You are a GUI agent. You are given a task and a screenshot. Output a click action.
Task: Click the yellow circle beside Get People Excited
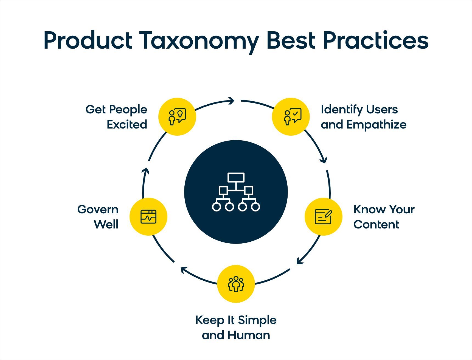click(177, 117)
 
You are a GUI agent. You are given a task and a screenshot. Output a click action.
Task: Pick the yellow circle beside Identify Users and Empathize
click(291, 117)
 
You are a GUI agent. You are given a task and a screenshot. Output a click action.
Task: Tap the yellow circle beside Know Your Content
click(324, 217)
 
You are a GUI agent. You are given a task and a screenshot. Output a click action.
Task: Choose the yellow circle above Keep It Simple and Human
click(236, 284)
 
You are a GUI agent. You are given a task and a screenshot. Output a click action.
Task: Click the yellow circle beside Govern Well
click(148, 217)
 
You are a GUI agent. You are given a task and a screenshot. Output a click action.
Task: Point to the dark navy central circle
click(236, 192)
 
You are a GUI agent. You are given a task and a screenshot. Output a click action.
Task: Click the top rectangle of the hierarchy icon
click(236, 177)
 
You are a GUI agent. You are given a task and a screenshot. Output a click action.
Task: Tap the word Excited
click(127, 125)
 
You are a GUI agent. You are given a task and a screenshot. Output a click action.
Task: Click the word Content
click(376, 225)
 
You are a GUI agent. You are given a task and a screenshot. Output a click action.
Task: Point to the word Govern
click(98, 210)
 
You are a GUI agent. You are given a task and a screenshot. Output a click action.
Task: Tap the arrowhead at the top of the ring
click(231, 101)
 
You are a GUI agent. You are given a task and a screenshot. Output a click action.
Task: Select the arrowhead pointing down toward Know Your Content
click(324, 160)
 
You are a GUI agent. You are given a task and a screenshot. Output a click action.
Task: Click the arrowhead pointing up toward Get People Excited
click(146, 171)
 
